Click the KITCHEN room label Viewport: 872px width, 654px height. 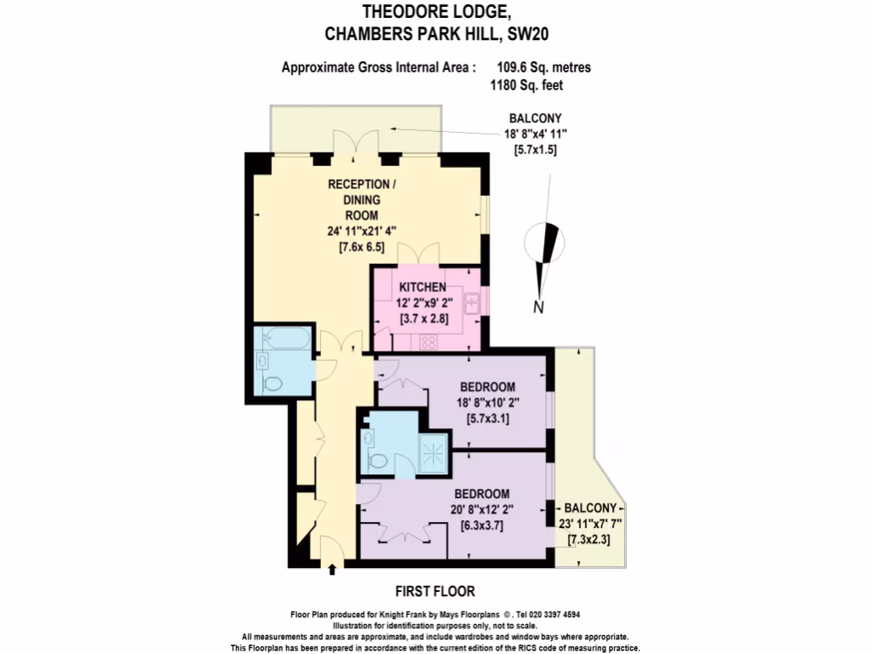[422, 288]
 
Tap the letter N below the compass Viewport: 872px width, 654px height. [538, 308]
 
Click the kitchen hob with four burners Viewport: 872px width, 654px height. [428, 342]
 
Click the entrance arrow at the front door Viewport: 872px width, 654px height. [332, 569]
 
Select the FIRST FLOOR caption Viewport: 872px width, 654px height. [435, 591]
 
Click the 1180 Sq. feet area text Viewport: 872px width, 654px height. [526, 85]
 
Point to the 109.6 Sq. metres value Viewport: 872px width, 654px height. [543, 67]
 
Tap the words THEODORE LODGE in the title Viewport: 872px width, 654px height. [437, 12]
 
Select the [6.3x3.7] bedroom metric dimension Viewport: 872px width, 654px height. [482, 525]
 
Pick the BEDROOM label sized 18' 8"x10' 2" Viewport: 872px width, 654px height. [488, 387]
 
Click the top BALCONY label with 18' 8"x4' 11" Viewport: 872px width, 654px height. [535, 118]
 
